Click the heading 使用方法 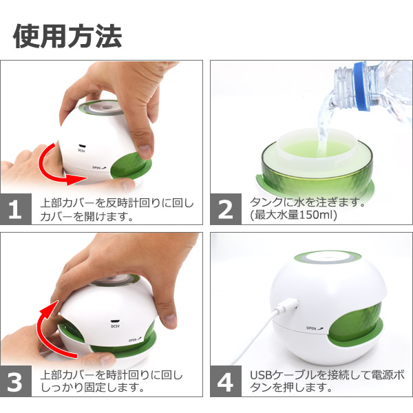click(x=67, y=36)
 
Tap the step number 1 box click(x=16, y=209)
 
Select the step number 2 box click(x=226, y=209)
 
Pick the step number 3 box click(x=16, y=381)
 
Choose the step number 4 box click(x=226, y=381)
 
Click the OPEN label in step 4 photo click(x=315, y=328)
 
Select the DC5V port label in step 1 click(x=82, y=150)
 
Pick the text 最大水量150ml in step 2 click(x=294, y=215)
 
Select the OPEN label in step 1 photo click(x=99, y=167)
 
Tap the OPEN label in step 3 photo click(x=135, y=340)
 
